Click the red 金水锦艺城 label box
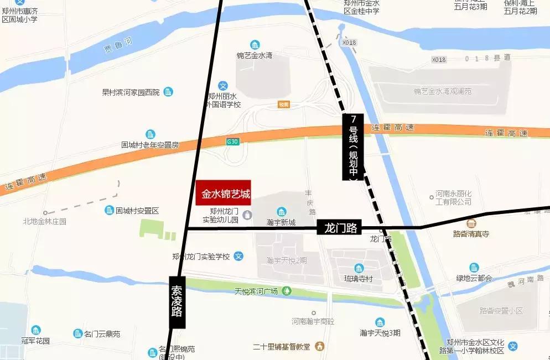(224, 194)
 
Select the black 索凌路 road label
(177, 302)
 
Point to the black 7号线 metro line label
(353, 147)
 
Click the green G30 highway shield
(232, 142)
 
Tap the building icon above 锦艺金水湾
(255, 45)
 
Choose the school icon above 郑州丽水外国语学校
(223, 86)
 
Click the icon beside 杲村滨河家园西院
(168, 92)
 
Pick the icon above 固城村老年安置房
(151, 134)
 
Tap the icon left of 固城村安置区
(109, 210)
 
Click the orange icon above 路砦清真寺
(471, 224)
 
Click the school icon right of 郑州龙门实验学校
(238, 256)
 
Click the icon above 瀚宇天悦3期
(380, 322)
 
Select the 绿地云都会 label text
(474, 278)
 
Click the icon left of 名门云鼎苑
(77, 333)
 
